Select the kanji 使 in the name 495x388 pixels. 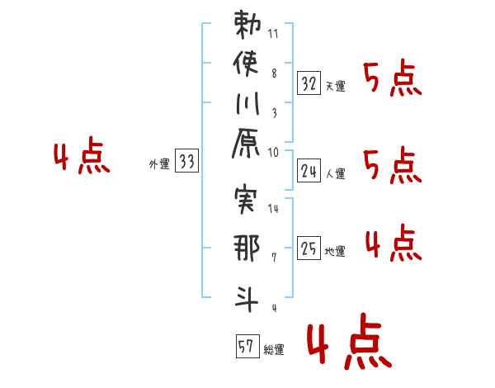(x=246, y=64)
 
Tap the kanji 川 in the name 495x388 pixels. (x=247, y=103)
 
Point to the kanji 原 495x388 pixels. (x=246, y=143)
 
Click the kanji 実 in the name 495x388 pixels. (x=246, y=200)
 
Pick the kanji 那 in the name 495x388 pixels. (x=247, y=248)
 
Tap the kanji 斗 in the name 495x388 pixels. (x=247, y=299)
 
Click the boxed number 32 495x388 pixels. (x=309, y=83)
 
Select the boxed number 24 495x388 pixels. (x=309, y=171)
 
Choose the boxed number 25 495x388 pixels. (x=309, y=248)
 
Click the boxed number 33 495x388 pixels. (x=186, y=160)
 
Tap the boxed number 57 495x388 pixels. (x=247, y=346)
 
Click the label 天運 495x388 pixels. (x=335, y=86)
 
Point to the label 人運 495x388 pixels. (x=335, y=173)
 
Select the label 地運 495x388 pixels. (x=335, y=251)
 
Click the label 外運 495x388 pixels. (x=159, y=164)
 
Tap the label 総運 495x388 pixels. (x=274, y=349)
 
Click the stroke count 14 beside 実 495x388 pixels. (x=273, y=209)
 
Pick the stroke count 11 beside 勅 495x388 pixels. (x=273, y=34)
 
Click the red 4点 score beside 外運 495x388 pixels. (x=82, y=155)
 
